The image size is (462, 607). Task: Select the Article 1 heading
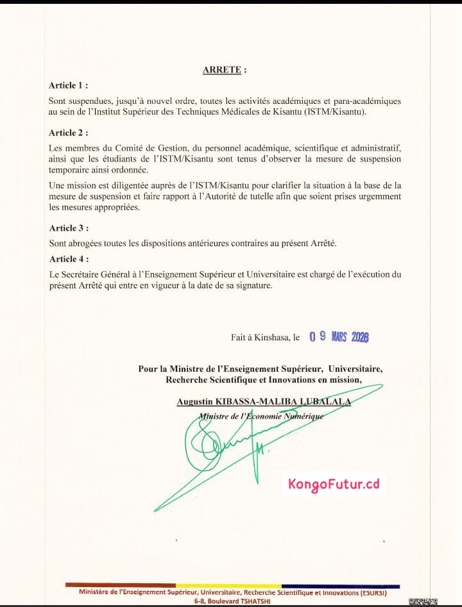(68, 85)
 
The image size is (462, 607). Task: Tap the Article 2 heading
(68, 133)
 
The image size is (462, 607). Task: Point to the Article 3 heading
(68, 228)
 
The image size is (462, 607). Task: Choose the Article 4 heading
(68, 259)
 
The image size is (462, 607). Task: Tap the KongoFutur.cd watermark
(334, 484)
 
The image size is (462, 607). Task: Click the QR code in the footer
(423, 601)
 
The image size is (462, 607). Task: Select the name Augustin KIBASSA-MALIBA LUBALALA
(264, 401)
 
